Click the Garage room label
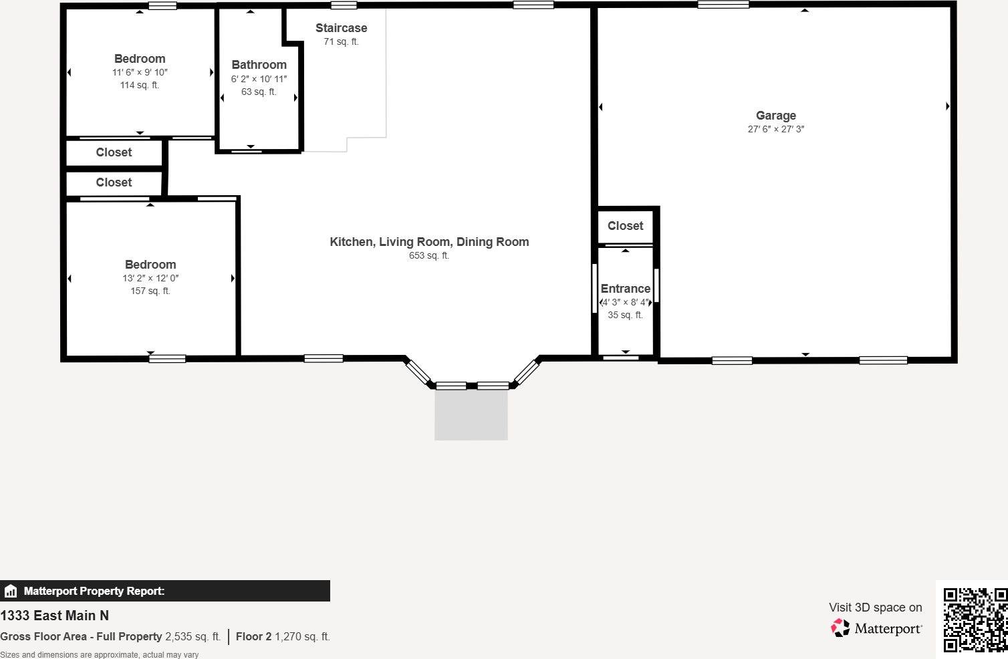[x=775, y=116]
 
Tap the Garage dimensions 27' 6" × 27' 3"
[x=775, y=129]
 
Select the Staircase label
[x=341, y=28]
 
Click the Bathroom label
[x=259, y=65]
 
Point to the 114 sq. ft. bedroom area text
[x=139, y=85]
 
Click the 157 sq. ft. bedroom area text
[x=150, y=291]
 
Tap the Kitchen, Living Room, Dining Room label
[x=429, y=242]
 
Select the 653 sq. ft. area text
[x=429, y=255]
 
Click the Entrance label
[x=625, y=289]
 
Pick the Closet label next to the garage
[x=625, y=226]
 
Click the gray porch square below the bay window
[x=471, y=414]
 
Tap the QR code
[x=975, y=620]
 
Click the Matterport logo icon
[x=840, y=628]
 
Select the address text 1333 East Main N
[x=54, y=616]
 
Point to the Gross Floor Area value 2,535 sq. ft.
[x=193, y=636]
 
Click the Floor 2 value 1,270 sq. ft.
[x=302, y=636]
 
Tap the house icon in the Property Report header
[x=11, y=591]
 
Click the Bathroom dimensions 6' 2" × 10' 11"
[x=259, y=79]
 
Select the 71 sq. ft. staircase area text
[x=341, y=41]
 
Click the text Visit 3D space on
[x=875, y=608]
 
